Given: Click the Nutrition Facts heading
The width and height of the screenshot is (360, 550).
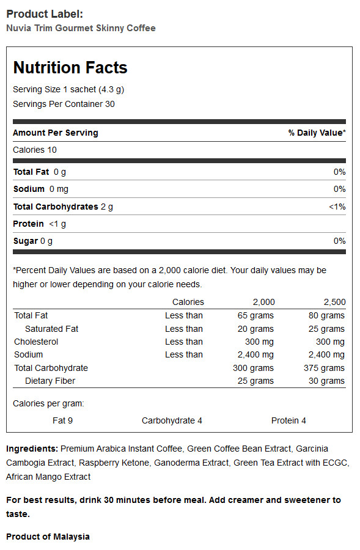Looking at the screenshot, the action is [70, 67].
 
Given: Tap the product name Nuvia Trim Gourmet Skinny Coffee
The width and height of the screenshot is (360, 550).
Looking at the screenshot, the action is [81, 28].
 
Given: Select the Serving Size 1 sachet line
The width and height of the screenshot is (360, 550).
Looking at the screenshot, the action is [68, 89].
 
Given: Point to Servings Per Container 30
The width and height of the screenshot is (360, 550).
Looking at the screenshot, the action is [64, 104].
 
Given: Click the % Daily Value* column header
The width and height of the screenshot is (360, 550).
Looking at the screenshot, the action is [317, 133].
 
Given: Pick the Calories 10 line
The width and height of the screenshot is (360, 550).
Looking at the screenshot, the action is [35, 150].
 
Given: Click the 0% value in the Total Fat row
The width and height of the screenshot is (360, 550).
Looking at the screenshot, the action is [340, 172].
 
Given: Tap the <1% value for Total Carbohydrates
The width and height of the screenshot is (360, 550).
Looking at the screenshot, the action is [337, 207].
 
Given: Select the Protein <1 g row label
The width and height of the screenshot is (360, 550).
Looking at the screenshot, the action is [39, 224].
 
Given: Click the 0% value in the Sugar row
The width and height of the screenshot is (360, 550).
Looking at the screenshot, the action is [340, 241].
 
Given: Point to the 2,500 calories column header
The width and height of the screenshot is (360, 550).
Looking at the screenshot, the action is [334, 302].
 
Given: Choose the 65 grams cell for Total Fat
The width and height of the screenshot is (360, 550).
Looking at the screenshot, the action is [255, 316].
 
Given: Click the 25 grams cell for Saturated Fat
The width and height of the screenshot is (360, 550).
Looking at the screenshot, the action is [326, 329].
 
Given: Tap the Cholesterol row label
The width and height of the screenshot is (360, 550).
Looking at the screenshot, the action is [36, 342].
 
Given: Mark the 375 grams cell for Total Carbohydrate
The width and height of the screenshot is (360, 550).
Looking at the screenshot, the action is [324, 369].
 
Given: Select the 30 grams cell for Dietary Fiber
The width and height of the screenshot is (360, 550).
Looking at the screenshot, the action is [326, 381].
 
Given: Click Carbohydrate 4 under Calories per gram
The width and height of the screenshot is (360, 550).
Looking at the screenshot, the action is [172, 420].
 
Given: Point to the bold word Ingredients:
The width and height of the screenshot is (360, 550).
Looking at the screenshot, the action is [32, 449].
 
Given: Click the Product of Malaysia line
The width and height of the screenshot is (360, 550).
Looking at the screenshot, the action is [48, 537].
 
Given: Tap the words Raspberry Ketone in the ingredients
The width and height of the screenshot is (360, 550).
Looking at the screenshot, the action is [114, 463].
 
